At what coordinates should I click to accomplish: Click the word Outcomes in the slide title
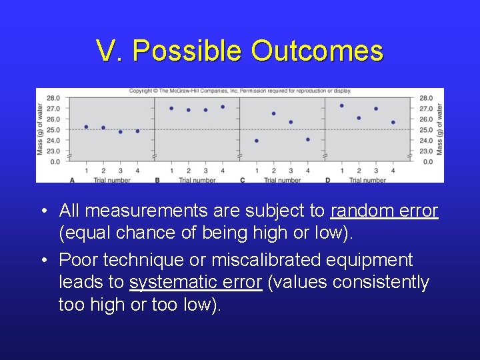click(x=317, y=51)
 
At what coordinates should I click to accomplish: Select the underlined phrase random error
click(x=384, y=211)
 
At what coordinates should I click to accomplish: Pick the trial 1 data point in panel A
click(x=86, y=127)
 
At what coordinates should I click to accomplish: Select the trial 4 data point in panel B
click(x=223, y=107)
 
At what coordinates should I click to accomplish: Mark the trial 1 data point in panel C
click(x=257, y=141)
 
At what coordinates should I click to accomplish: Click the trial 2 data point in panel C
click(x=274, y=113)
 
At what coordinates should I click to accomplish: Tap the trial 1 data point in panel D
click(x=342, y=105)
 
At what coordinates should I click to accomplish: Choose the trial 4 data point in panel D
click(x=393, y=122)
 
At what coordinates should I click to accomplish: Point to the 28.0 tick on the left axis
click(x=53, y=98)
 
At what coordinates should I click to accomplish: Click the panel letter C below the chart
click(x=242, y=180)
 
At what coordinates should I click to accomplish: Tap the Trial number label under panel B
click(x=197, y=180)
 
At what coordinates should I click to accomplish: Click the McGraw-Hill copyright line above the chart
click(x=240, y=91)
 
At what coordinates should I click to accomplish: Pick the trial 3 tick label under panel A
click(x=121, y=171)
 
